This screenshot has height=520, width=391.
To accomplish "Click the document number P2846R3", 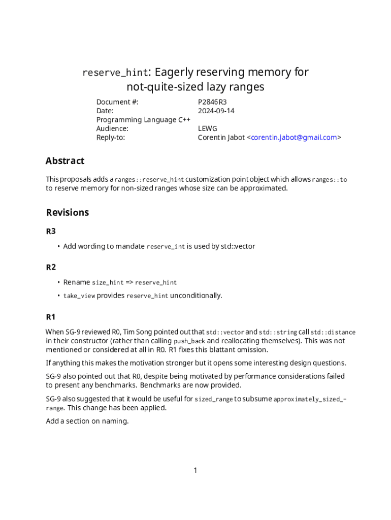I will (212, 102).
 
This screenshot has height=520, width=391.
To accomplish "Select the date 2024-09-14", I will (216, 111).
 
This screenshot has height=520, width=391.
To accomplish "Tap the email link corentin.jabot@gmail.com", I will (294, 137).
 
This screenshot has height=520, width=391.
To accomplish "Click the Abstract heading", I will (65, 161).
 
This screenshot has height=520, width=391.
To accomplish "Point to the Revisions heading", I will (68, 212).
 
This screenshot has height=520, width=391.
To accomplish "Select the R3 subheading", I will (51, 231).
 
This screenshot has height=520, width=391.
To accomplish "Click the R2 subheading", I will (51, 267).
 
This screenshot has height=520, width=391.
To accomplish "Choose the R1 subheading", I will (51, 317).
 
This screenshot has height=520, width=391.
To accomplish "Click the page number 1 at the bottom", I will (195, 470).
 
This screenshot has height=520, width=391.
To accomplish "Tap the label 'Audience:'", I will (112, 128).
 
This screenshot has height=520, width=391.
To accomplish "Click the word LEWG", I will (207, 128).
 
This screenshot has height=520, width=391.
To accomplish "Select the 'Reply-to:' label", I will (111, 137).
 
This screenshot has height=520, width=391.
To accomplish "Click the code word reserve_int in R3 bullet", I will (166, 247).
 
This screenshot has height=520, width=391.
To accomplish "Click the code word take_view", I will (79, 296).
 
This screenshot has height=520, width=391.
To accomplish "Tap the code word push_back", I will (189, 341).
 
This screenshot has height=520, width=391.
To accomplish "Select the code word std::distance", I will (333, 333).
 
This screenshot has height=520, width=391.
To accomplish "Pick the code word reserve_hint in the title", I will (115, 73).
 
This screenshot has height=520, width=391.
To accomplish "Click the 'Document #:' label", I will (117, 102).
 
